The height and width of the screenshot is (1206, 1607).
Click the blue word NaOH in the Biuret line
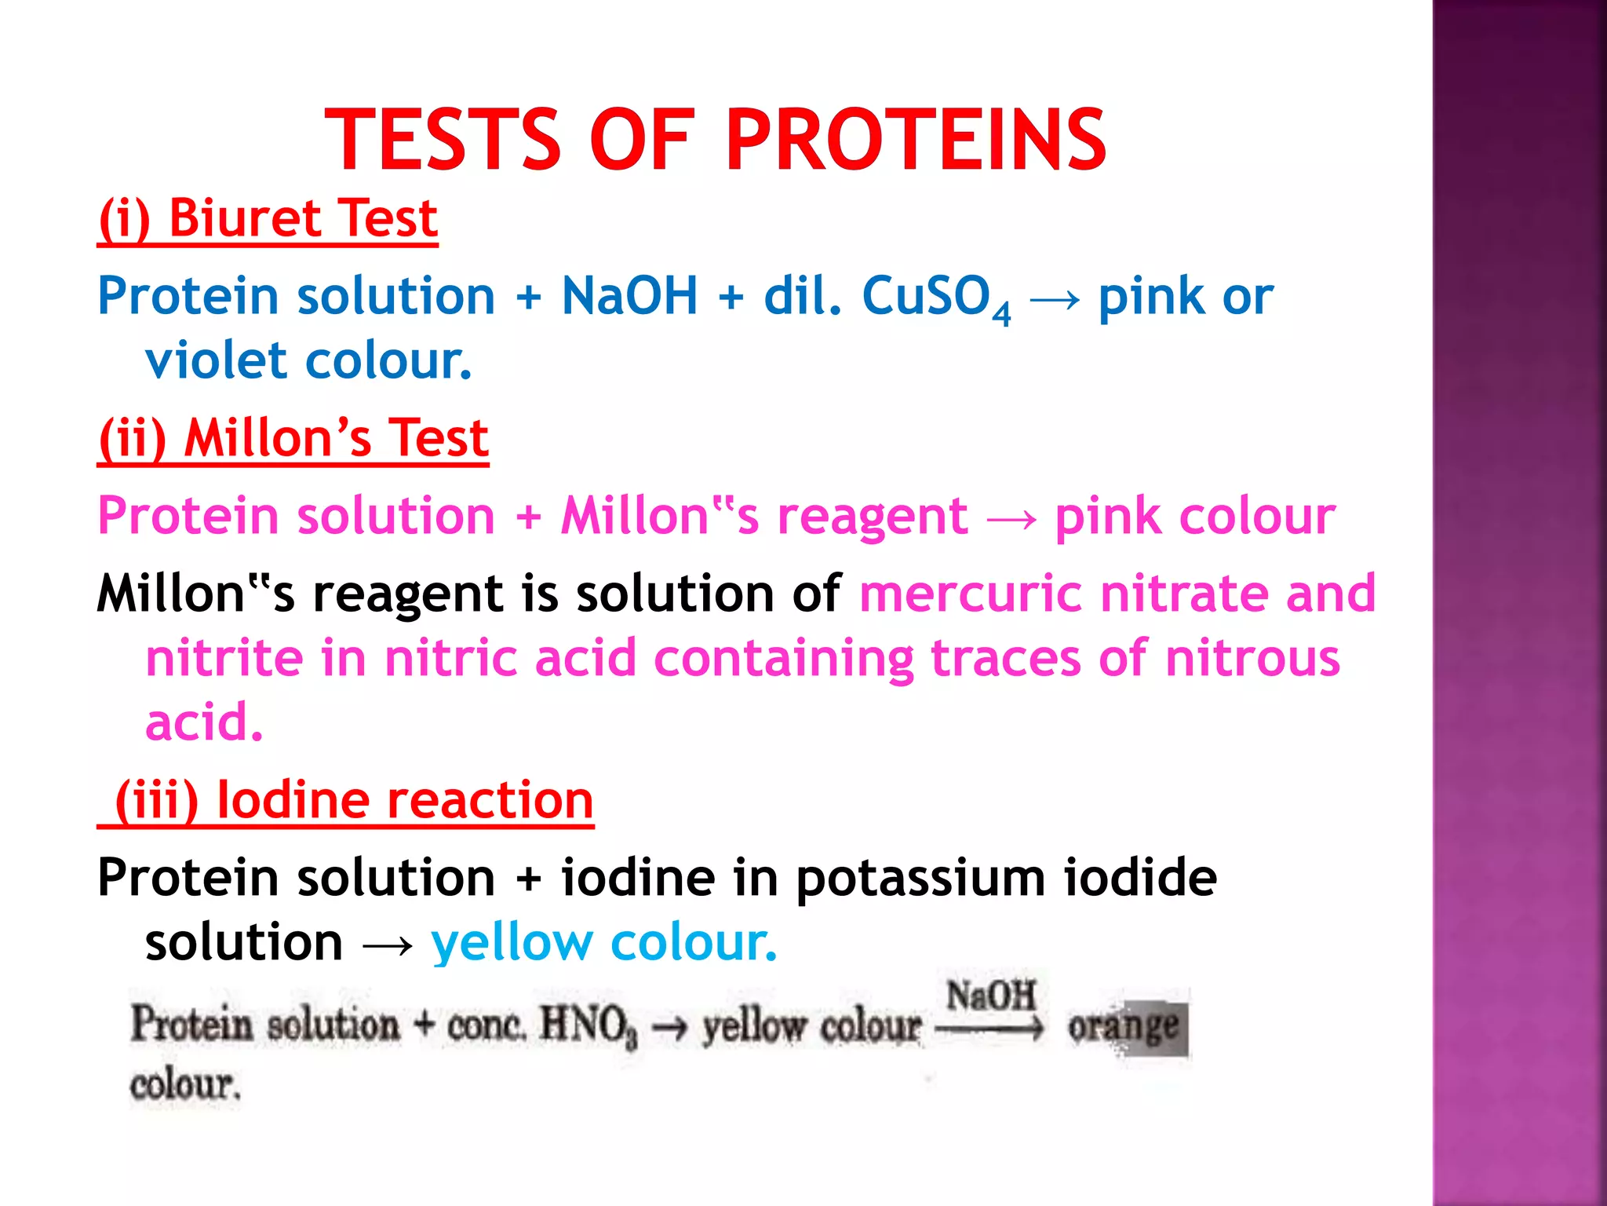pos(629,296)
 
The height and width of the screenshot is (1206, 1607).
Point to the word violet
pos(215,360)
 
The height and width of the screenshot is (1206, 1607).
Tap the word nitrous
pos(1252,658)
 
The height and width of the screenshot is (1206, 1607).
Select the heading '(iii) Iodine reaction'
pos(353,800)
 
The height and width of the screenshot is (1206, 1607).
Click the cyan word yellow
pos(512,942)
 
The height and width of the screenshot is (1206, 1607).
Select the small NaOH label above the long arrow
pos(991,996)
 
